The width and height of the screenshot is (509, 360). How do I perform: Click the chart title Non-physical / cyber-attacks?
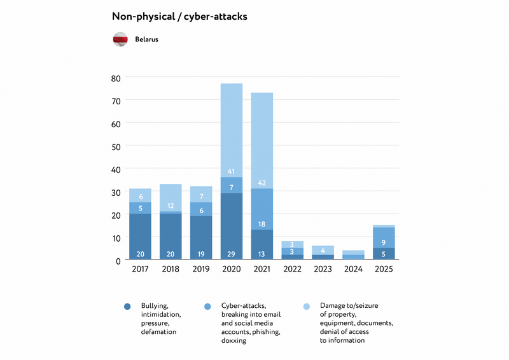tap(179, 17)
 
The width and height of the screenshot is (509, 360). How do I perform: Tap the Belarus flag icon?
tap(121, 39)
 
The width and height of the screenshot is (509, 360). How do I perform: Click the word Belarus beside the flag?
tap(146, 39)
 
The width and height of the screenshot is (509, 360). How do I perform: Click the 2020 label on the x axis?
tap(232, 269)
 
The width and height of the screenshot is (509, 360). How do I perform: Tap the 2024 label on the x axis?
tap(354, 269)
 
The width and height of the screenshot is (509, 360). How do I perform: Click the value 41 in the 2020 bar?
tap(232, 172)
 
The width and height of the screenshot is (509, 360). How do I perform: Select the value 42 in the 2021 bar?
tap(262, 183)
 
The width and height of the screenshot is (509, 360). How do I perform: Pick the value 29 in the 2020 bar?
tap(232, 254)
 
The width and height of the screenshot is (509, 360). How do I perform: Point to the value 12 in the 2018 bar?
tap(171, 206)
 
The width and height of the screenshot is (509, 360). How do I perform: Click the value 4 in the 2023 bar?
tap(323, 250)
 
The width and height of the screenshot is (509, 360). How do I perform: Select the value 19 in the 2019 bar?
tap(201, 254)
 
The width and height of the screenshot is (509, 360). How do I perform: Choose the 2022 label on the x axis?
tap(293, 269)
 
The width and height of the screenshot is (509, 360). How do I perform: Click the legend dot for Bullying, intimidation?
tap(127, 307)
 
